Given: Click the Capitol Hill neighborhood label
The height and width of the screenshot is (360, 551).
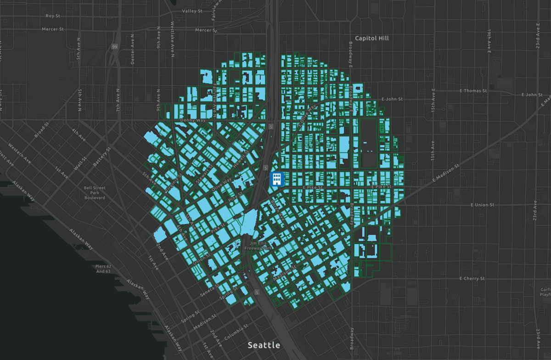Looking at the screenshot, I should pos(372,38).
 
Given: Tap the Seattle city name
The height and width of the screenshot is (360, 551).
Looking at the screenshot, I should pos(264,345).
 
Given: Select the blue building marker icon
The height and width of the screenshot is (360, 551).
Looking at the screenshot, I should pos(276,179).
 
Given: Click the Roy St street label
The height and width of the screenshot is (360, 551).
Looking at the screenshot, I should pos(53,16).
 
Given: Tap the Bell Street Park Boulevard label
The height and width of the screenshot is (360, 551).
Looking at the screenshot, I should pos(95,193).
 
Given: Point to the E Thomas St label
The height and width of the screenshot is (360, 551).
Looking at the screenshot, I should pos(473,91).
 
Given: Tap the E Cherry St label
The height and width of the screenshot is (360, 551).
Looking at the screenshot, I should pos(472,279).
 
